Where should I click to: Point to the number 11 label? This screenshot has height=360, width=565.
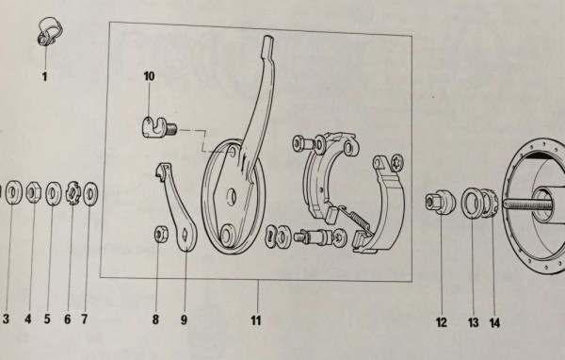coord(255,320)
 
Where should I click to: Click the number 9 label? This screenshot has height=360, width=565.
coord(185,320)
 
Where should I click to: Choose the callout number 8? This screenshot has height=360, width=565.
coord(156,320)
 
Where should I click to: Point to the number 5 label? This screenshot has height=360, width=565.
coord(48,320)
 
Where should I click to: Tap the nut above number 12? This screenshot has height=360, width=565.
coord(436,201)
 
